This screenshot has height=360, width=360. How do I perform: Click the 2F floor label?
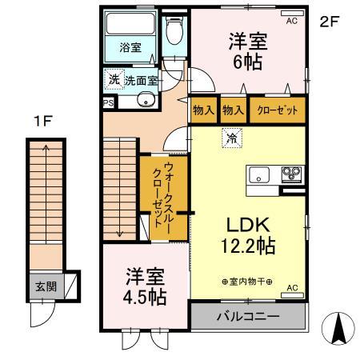[330, 22]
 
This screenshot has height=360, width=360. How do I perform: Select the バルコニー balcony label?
[248, 316]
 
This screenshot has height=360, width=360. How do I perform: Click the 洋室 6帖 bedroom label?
[247, 50]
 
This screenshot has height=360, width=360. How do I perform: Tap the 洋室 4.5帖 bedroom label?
[145, 286]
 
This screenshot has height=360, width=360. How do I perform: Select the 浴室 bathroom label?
[130, 47]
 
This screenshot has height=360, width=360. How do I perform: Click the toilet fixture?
[173, 32]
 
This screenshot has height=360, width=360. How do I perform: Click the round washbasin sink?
[145, 100]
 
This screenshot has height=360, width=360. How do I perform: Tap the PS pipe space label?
[107, 102]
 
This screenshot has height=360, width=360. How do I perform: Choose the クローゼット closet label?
[276, 109]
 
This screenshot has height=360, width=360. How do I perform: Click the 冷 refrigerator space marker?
[230, 137]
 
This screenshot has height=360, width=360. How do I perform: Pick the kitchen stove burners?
[290, 173]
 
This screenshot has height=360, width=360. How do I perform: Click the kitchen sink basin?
[261, 174]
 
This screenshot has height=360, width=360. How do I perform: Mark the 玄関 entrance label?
[43, 285]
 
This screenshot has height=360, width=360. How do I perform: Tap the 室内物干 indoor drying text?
[247, 282]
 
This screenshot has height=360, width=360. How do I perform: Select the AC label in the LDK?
[291, 288]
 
